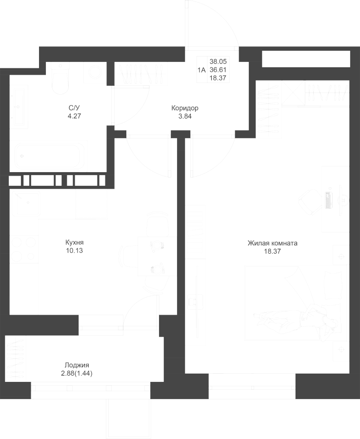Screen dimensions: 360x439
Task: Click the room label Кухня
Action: [x=75, y=242]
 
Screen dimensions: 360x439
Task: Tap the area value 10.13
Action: [x=75, y=251]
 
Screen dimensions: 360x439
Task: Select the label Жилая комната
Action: [x=272, y=243]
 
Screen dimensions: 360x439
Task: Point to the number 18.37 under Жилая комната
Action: [x=272, y=251]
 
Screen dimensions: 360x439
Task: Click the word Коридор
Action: [x=185, y=108]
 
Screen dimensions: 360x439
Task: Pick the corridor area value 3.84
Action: [x=185, y=117]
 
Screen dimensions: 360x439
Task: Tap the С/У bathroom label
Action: [x=74, y=108]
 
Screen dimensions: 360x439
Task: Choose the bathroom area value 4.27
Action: [x=74, y=116]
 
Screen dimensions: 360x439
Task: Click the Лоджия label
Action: [x=77, y=365]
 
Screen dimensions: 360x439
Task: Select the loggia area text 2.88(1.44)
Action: [x=77, y=374]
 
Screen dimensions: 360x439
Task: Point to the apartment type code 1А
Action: [x=201, y=70]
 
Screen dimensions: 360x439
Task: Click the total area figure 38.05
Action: [x=218, y=61]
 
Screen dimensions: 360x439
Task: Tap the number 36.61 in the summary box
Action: [x=218, y=70]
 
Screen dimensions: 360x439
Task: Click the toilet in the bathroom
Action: [x=60, y=79]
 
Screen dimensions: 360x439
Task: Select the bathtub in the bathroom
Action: [x=49, y=156]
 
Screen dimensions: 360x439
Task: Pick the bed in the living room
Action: [x=296, y=303]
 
